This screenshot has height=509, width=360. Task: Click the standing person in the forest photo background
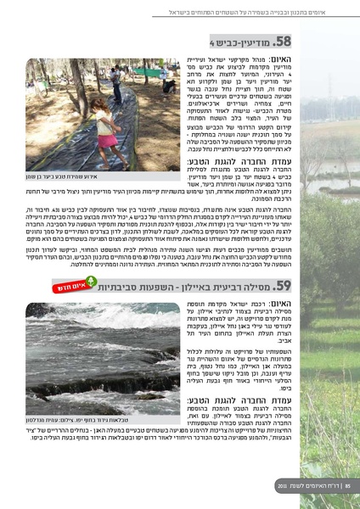pos(116,81)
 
